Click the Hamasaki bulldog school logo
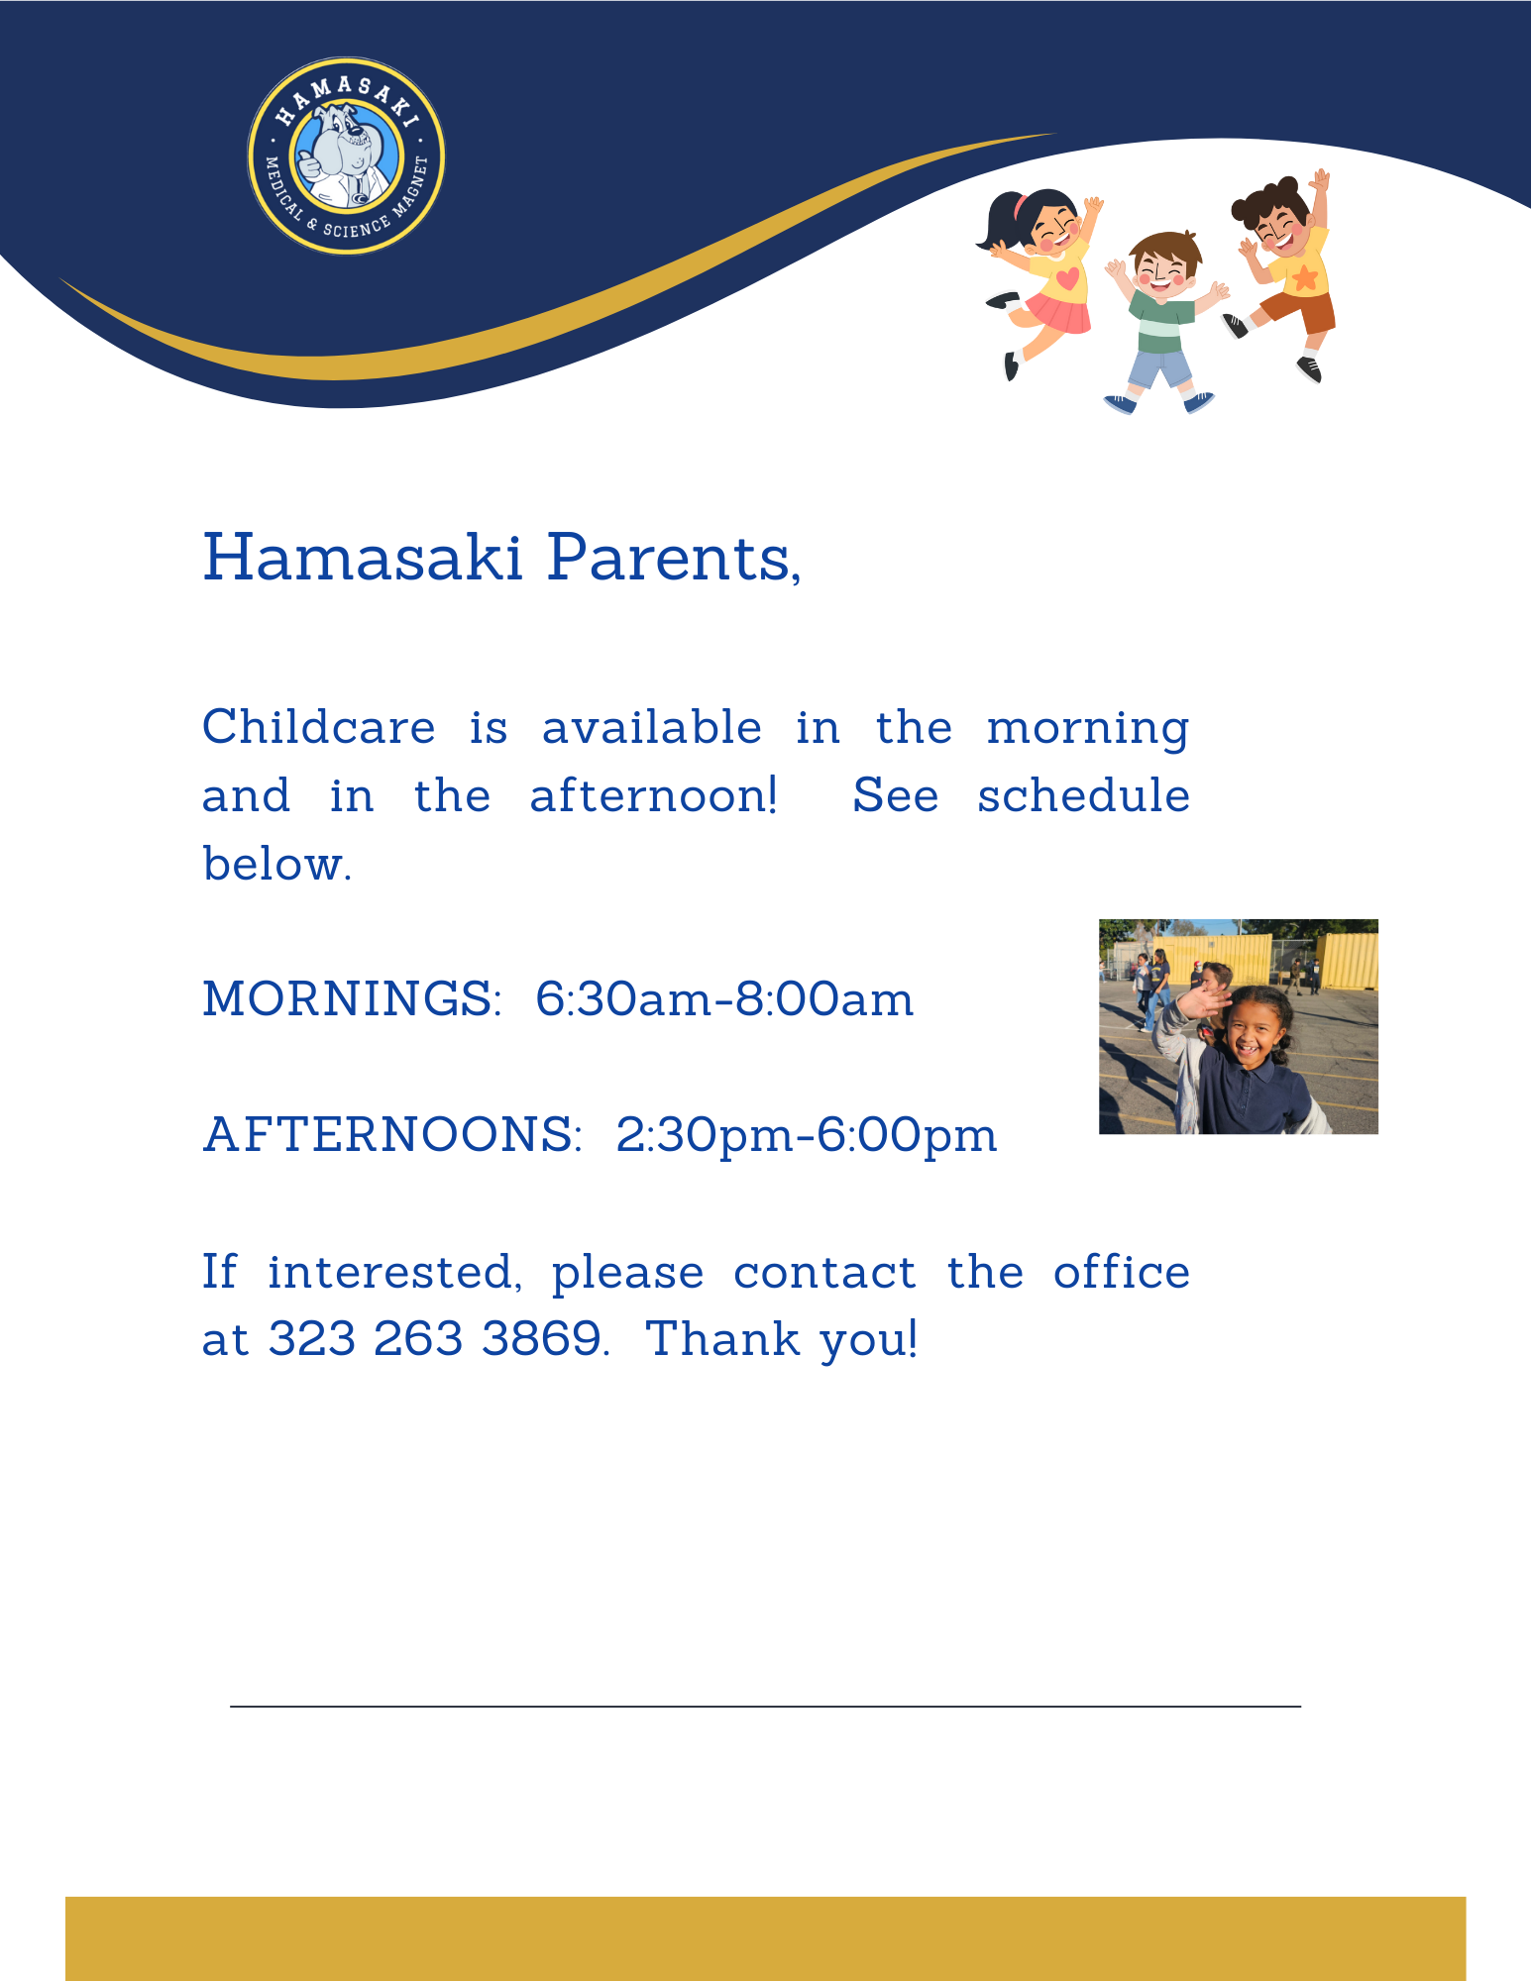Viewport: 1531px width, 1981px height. [346, 156]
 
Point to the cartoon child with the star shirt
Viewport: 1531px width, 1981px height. [1288, 267]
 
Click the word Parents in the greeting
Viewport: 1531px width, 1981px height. [674, 558]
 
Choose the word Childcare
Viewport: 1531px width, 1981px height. [318, 728]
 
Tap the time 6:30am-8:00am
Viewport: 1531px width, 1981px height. [724, 998]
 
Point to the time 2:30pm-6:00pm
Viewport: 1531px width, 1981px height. [806, 1134]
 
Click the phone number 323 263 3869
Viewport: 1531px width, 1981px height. [436, 1339]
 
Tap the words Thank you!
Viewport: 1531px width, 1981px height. [782, 1339]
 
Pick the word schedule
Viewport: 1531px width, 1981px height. [1083, 795]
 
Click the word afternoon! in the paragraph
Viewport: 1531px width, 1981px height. [654, 795]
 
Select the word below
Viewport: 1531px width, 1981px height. [276, 864]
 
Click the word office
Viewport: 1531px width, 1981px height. [1121, 1272]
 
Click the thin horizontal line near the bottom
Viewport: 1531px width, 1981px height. [765, 1707]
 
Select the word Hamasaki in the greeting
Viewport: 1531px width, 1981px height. [363, 558]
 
